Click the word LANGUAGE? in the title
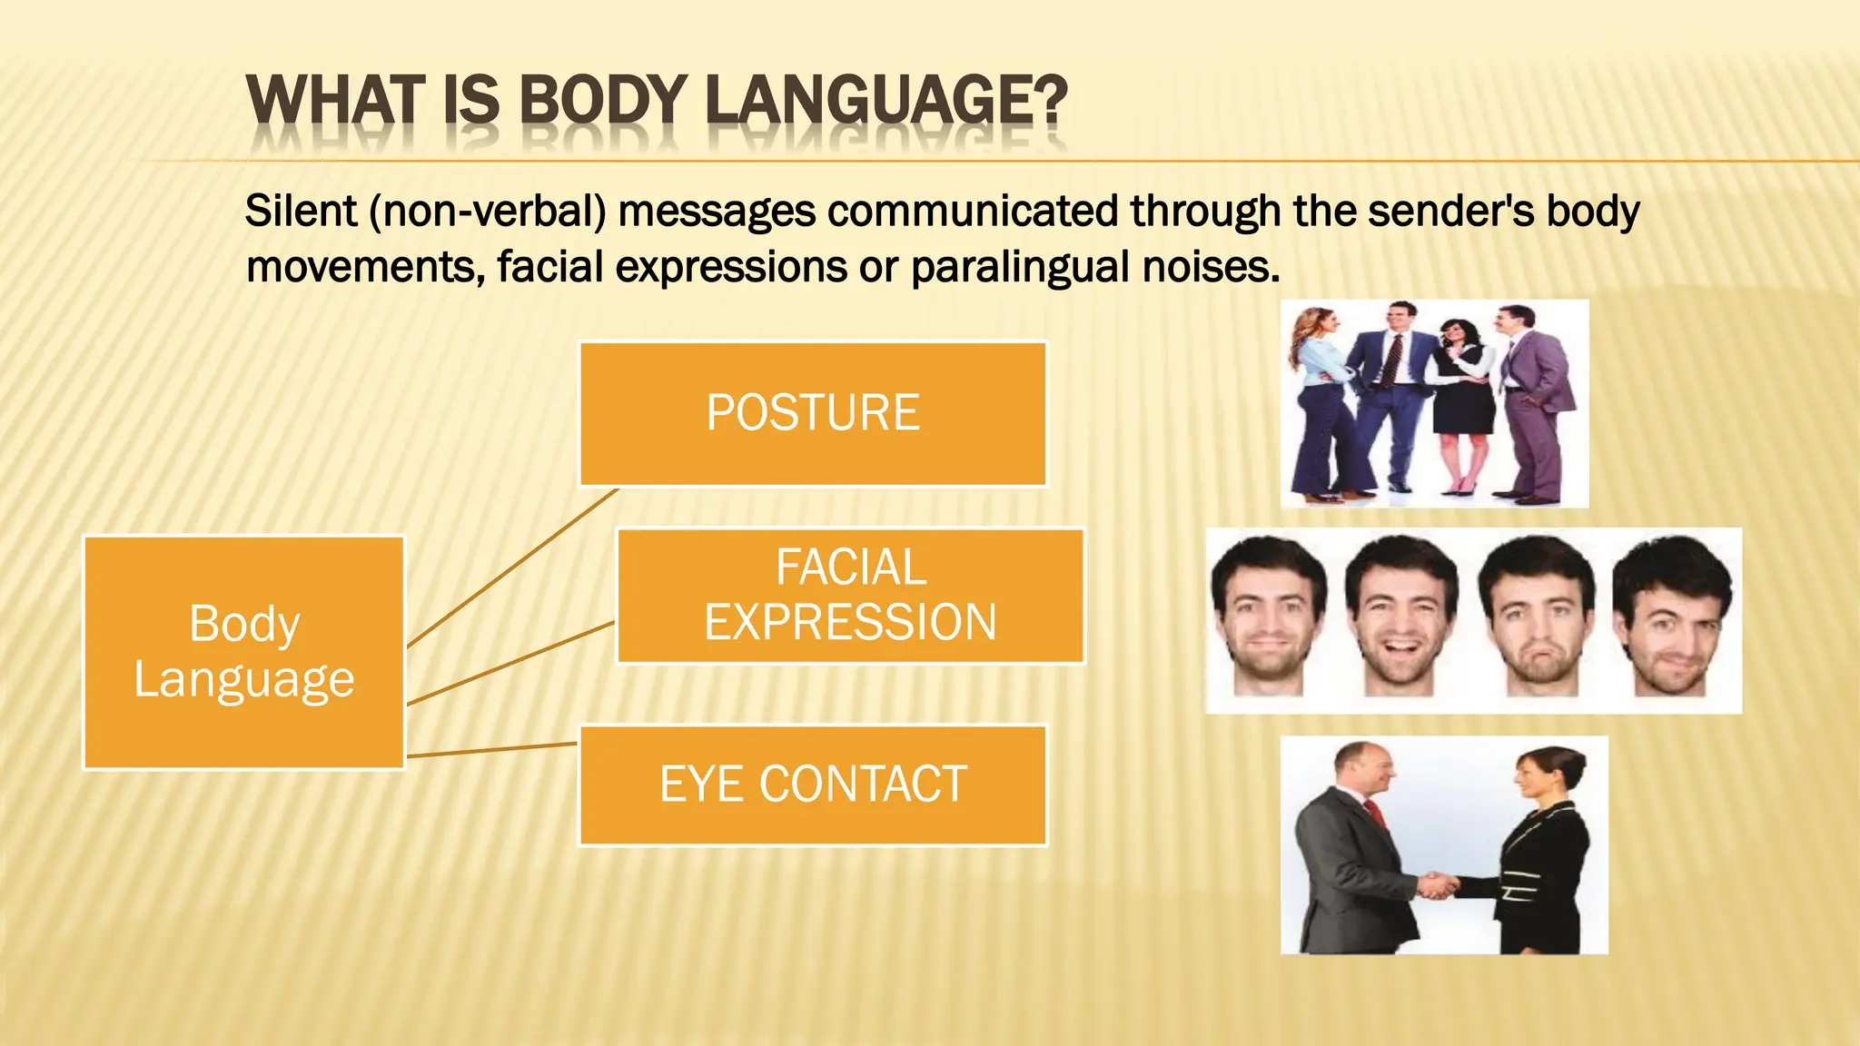885,100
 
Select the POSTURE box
813,414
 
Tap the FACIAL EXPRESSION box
850,596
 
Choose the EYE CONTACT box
813,785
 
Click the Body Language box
243,652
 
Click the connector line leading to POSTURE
513,568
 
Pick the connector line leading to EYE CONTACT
490,750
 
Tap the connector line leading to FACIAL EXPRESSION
511,664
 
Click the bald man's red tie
1377,812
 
